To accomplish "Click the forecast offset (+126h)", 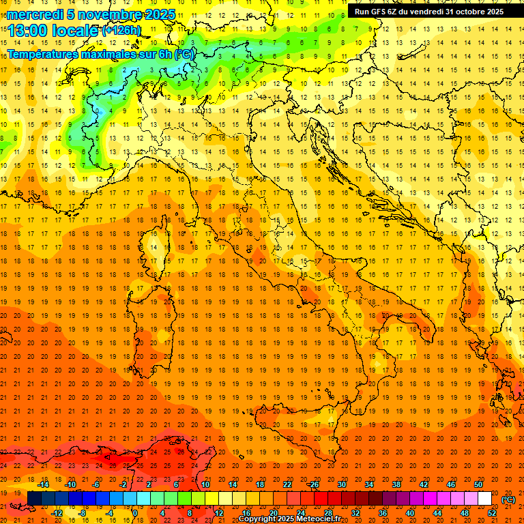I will coord(121,31).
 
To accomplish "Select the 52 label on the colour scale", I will coord(492,513).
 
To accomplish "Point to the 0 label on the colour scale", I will coord(135,513).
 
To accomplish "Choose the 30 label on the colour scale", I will coord(341,484).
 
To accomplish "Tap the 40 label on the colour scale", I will coord(409,513).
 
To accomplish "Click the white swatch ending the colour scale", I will coord(485,499).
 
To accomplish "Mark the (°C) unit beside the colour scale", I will coord(508,499).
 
